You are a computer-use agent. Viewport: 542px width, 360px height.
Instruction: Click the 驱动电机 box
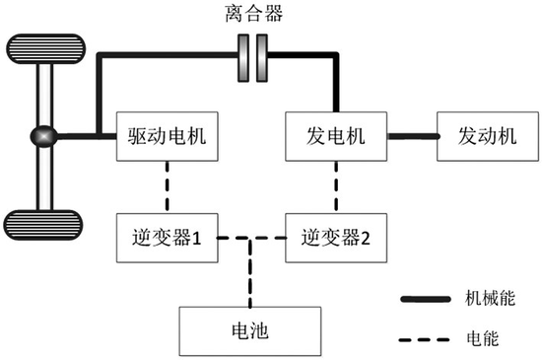(x=168, y=136)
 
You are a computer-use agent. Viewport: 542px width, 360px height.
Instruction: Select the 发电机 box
(x=336, y=136)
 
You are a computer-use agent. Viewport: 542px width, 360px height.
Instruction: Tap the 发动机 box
(x=488, y=136)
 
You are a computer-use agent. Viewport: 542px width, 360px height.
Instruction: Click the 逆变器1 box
(x=168, y=238)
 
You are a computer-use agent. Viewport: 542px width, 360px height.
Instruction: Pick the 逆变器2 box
(x=336, y=238)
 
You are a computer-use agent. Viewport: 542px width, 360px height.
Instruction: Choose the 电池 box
(x=250, y=331)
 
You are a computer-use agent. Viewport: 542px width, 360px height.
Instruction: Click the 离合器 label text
(x=254, y=14)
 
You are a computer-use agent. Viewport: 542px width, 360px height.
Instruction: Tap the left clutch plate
(x=243, y=58)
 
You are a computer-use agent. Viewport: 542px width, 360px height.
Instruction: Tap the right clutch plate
(x=262, y=58)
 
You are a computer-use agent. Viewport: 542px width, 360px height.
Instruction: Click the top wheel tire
(x=45, y=48)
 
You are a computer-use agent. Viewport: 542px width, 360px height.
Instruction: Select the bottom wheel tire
(x=43, y=225)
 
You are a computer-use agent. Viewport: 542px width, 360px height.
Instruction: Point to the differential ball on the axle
(x=43, y=136)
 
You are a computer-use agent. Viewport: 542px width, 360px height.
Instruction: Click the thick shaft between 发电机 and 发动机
(x=413, y=136)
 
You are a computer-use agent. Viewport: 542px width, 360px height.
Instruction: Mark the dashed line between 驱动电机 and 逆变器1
(x=168, y=187)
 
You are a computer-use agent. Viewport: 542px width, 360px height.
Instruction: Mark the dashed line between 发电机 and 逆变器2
(x=336, y=187)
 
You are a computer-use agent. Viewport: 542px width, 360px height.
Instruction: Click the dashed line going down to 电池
(x=250, y=272)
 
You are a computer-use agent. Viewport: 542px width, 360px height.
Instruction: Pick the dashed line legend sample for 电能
(x=424, y=339)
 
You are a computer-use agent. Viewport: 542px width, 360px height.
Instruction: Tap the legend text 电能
(x=483, y=338)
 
